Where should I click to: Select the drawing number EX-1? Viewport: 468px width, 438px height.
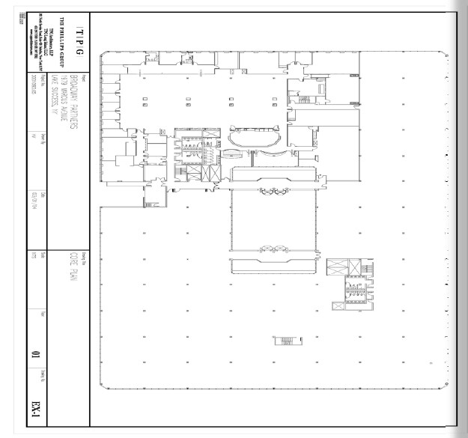click(34, 409)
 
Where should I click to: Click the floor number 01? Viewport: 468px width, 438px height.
click(34, 353)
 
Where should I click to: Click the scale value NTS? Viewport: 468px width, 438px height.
click(34, 258)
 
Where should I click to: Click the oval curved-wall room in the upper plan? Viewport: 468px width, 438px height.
click(255, 139)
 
